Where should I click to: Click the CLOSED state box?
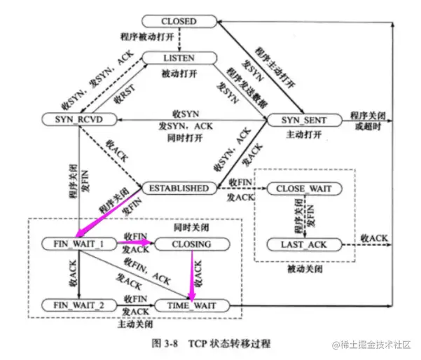(x=179, y=22)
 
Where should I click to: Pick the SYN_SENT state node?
(x=303, y=120)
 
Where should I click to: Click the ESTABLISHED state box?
(x=178, y=188)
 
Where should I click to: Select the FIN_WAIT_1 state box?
(x=78, y=244)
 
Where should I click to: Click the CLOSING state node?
(x=191, y=244)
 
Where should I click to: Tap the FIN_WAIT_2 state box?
(x=78, y=305)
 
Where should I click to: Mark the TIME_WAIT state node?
(x=191, y=305)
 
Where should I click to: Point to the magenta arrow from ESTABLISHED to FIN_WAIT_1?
(x=112, y=214)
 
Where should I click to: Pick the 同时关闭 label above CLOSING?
(x=191, y=228)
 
